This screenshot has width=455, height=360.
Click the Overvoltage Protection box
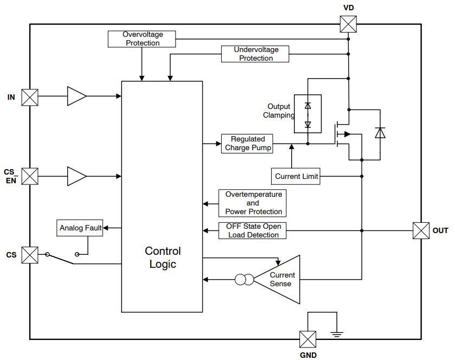pos(143,38)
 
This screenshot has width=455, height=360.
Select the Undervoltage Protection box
pos(255,54)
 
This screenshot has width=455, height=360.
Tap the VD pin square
pos(348,24)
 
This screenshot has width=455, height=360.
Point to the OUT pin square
pos(421,230)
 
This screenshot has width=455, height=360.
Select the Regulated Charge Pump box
pos(247,144)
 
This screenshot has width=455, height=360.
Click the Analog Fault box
pos(80,228)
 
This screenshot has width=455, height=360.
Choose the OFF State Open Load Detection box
pos(252,230)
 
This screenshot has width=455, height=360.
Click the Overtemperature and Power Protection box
pos(253,203)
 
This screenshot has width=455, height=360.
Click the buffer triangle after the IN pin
pos(76,97)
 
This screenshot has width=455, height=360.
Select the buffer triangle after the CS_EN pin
pos(76,176)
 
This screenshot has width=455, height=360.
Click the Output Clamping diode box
pos(307,114)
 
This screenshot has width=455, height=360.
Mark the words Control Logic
pos(163,258)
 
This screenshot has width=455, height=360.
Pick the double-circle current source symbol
pos(244,280)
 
